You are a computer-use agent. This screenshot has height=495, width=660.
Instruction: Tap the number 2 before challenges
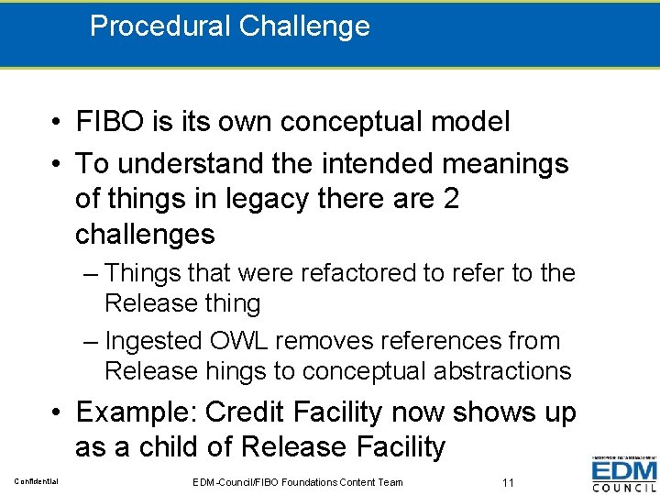449,199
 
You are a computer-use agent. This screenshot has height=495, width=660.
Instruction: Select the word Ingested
153,341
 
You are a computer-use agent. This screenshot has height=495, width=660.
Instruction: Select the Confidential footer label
36,481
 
